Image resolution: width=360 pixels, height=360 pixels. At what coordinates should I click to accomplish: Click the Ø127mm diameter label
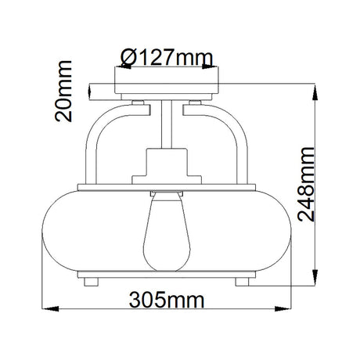167,58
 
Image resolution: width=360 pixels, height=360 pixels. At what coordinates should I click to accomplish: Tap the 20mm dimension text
63,91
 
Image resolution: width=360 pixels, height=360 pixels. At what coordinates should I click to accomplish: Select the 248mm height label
306,184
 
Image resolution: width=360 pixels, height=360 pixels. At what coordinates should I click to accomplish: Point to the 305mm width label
167,300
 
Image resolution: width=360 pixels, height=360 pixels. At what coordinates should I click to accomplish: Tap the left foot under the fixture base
91,282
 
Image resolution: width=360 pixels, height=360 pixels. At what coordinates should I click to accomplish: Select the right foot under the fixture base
243,282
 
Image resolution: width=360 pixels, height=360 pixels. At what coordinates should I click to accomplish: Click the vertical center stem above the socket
167,124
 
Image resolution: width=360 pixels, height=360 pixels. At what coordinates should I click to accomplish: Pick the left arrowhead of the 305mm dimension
50,308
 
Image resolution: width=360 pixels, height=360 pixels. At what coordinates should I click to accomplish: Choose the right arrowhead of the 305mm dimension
283,308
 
